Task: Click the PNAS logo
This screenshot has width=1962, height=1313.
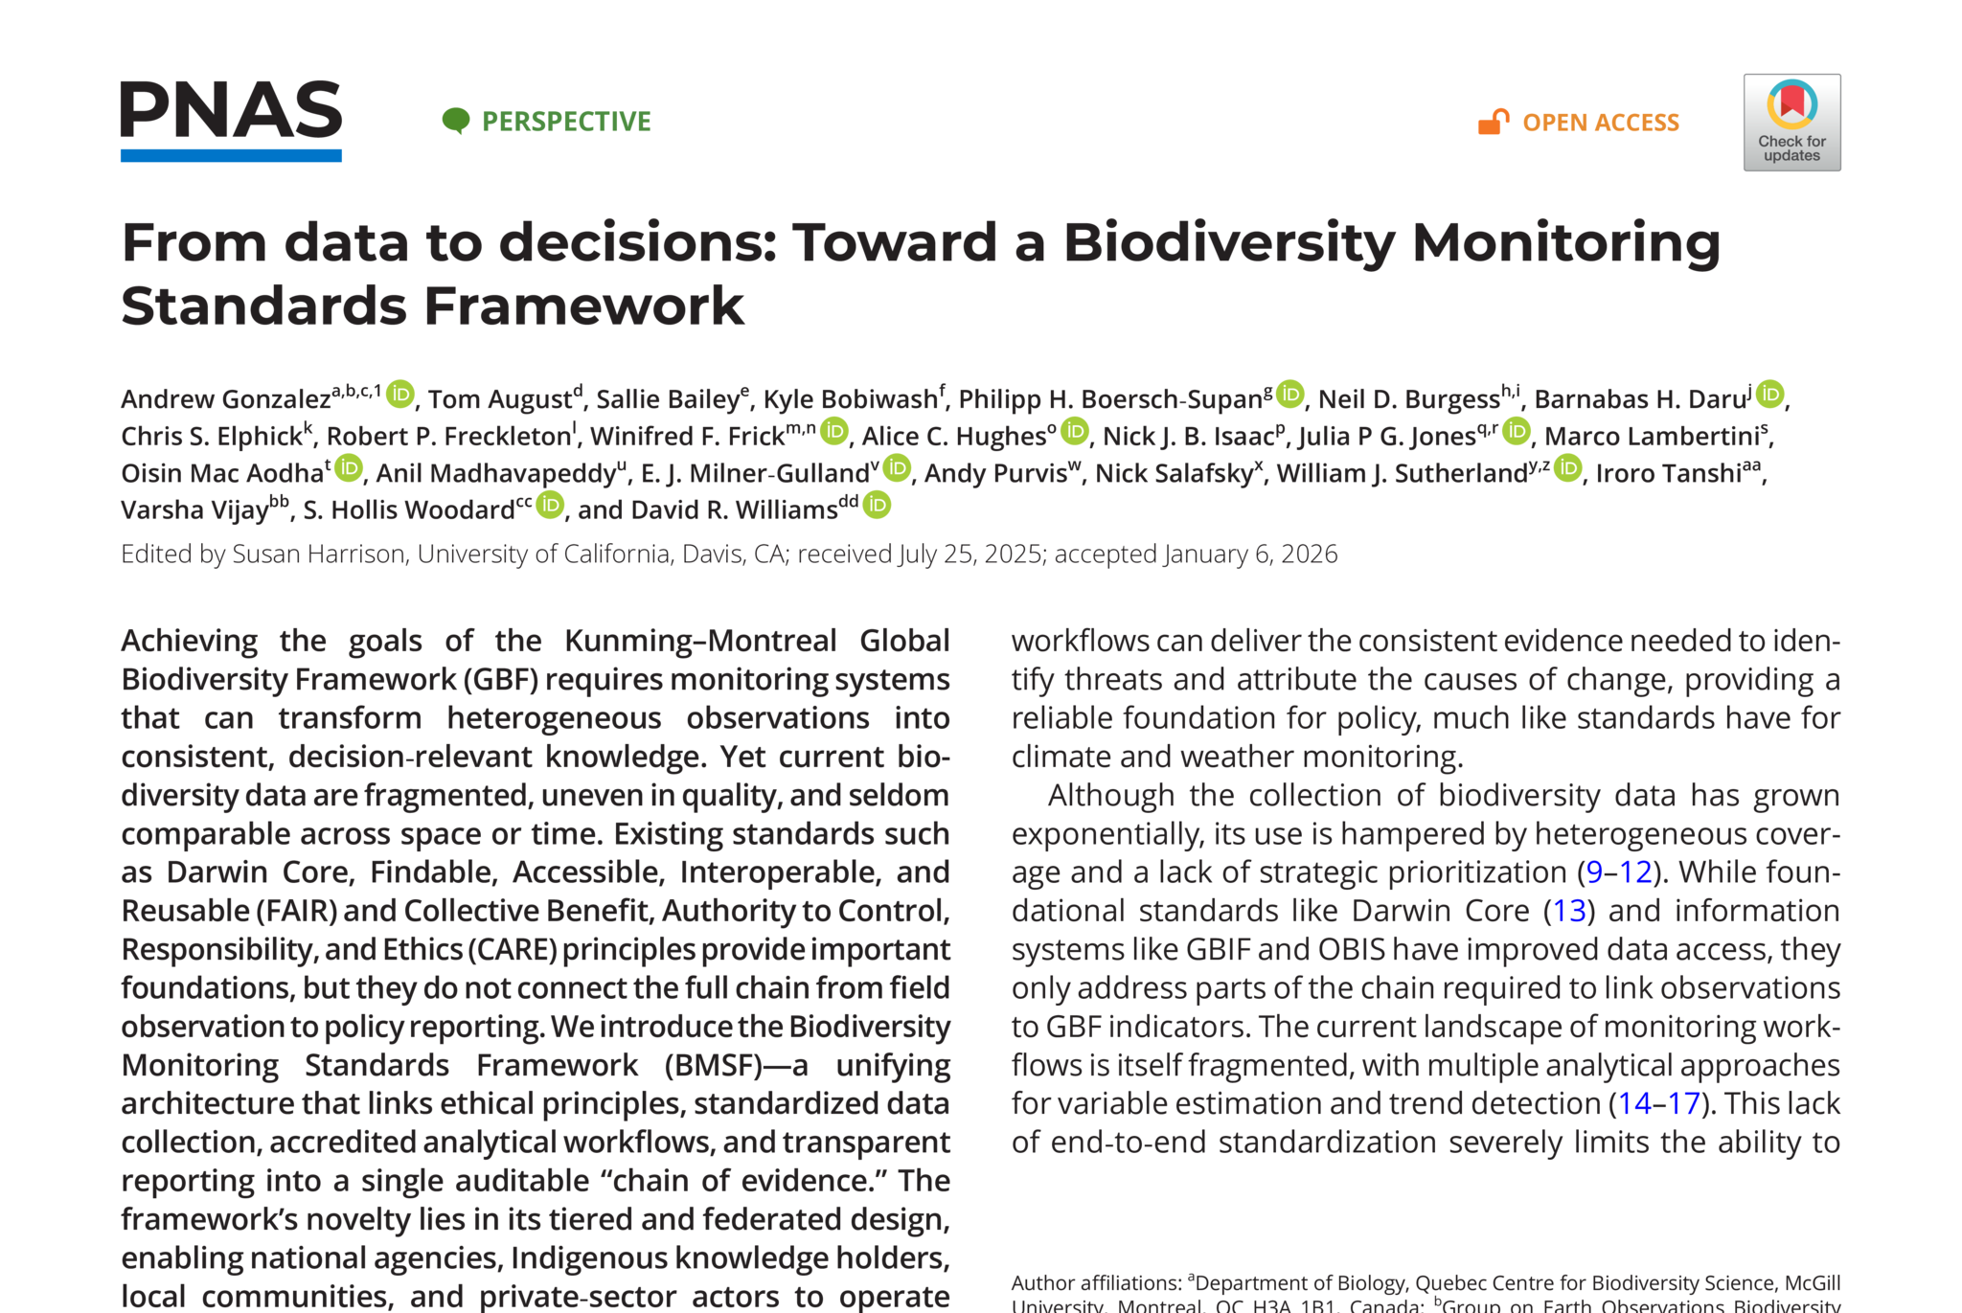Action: tap(231, 120)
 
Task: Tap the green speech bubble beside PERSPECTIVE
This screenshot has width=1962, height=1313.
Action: tap(456, 121)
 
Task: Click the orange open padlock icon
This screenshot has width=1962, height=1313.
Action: tap(1493, 122)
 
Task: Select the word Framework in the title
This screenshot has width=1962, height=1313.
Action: tap(583, 306)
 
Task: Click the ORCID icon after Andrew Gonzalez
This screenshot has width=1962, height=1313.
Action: tap(400, 394)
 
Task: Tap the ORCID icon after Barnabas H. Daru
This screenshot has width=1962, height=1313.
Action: tap(1770, 394)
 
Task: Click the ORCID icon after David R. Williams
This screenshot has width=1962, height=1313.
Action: tap(877, 505)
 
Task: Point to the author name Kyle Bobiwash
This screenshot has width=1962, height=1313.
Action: tap(850, 399)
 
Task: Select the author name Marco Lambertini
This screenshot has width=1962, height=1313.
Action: tap(1652, 437)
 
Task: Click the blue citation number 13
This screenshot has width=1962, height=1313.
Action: tap(1569, 911)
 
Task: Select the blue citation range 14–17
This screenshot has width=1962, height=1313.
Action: tap(1658, 1104)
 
